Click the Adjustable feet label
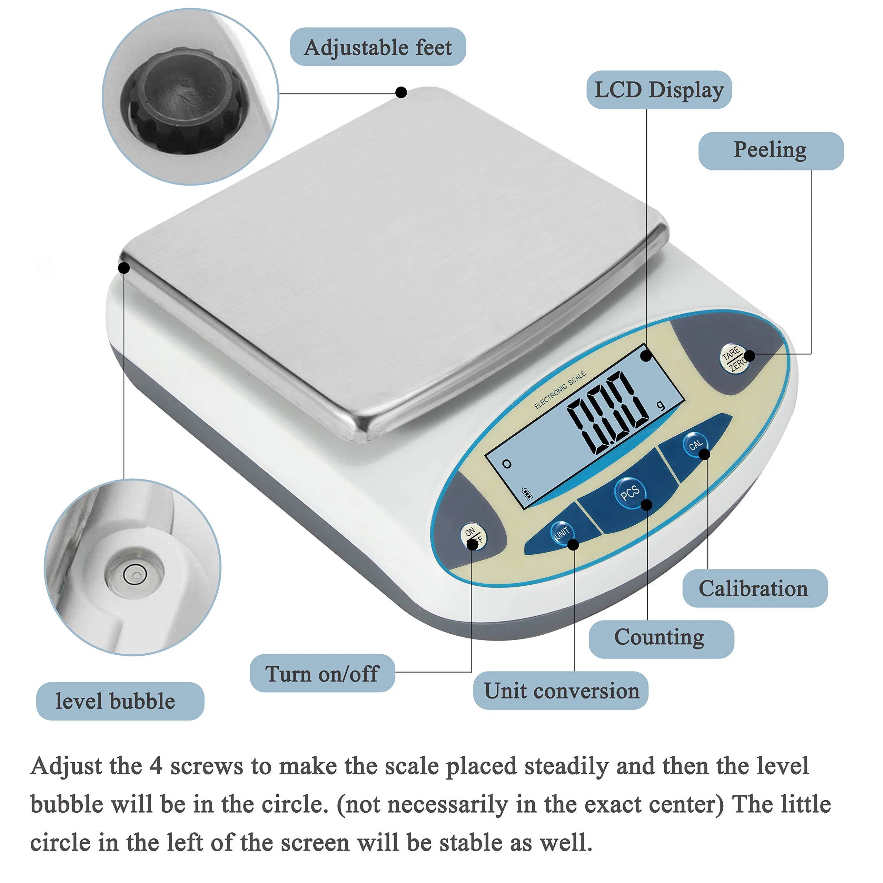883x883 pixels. pyautogui.click(x=377, y=47)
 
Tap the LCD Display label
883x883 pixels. pyautogui.click(x=658, y=90)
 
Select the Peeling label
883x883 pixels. pyautogui.click(x=771, y=150)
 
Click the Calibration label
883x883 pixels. pyautogui.click(x=755, y=588)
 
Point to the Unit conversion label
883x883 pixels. pyautogui.click(x=561, y=690)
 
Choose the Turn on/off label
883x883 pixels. pyautogui.click(x=322, y=673)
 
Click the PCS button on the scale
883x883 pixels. pyautogui.click(x=629, y=492)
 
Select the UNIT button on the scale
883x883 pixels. pyautogui.click(x=561, y=533)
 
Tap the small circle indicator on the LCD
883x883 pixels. pyautogui.click(x=506, y=464)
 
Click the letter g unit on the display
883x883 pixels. pyautogui.click(x=661, y=405)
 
